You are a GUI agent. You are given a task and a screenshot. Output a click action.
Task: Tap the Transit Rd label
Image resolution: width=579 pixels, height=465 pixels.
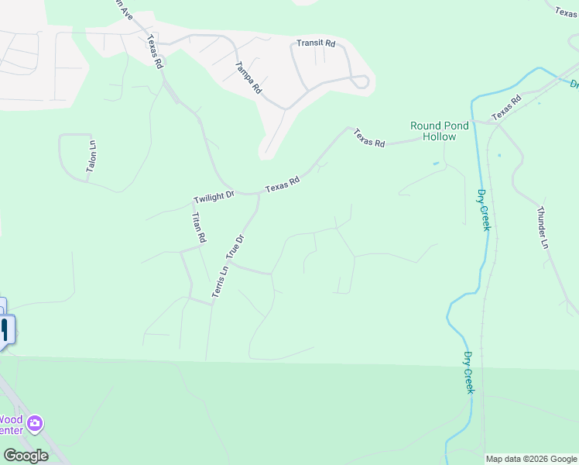316,44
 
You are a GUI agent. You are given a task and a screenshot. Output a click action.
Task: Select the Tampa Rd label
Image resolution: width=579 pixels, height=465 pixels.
248,77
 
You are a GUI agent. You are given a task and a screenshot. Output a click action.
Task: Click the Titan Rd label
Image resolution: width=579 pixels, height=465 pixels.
198,228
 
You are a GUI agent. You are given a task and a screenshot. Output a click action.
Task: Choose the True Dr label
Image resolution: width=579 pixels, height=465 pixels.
235,247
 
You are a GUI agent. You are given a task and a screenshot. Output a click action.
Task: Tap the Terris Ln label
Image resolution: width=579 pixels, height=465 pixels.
219,282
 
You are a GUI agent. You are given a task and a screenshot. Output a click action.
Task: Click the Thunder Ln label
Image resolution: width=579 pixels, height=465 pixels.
543,227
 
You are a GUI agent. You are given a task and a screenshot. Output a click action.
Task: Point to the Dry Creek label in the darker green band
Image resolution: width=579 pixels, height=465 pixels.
468,373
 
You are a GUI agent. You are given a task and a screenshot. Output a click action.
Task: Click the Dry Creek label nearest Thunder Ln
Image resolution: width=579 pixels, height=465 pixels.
484,209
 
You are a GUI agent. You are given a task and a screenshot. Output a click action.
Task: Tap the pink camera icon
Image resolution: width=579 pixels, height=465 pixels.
34,423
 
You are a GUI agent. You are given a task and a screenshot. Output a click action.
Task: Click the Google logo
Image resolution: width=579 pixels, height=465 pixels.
26,456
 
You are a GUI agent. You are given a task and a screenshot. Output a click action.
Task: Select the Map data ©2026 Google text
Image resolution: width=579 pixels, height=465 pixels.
531,459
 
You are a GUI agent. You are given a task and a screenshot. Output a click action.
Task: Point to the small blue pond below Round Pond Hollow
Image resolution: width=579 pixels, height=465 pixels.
436,164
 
